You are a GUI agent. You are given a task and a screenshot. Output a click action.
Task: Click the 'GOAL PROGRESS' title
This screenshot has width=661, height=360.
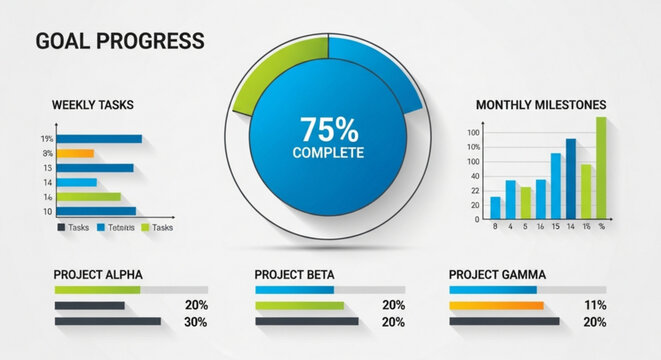[119, 41]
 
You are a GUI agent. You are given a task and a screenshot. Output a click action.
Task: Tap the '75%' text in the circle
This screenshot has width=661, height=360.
[328, 129]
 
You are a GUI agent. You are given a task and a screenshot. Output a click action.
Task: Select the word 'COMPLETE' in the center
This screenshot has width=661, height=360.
[328, 153]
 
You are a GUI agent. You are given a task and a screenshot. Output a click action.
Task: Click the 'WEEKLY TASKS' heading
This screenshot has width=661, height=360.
[92, 105]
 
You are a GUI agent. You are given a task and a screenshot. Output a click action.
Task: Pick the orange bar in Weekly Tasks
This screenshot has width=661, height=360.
[75, 154]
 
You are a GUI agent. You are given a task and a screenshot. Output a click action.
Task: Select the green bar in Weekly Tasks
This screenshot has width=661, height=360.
[88, 197]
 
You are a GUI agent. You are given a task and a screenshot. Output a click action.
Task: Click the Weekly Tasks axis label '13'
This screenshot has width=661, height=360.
[47, 168]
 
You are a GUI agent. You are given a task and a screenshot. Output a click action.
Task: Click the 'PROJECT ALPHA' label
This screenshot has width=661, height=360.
[98, 274]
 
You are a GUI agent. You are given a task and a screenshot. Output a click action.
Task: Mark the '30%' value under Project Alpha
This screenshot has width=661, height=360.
[196, 322]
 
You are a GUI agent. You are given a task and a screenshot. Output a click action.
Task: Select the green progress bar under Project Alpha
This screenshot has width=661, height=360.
[97, 290]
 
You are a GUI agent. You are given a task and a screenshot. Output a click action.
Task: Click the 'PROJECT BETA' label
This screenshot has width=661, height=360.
[294, 274]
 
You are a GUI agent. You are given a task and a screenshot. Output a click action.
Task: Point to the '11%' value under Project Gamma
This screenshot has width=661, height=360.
[595, 305]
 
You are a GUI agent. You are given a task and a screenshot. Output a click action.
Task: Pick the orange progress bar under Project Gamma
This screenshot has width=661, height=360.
[495, 305]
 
